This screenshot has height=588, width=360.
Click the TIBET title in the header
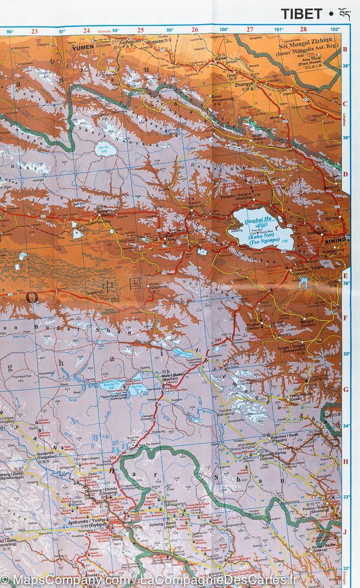(301, 14)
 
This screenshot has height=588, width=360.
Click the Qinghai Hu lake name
(258, 220)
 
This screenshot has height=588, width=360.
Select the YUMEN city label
(82, 49)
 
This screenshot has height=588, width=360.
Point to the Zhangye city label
(244, 84)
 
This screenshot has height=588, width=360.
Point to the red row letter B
(345, 49)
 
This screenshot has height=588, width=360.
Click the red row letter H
(345, 461)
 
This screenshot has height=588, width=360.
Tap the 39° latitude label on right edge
(346, 66)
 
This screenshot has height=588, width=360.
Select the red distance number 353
(63, 295)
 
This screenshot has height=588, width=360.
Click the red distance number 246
(218, 340)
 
